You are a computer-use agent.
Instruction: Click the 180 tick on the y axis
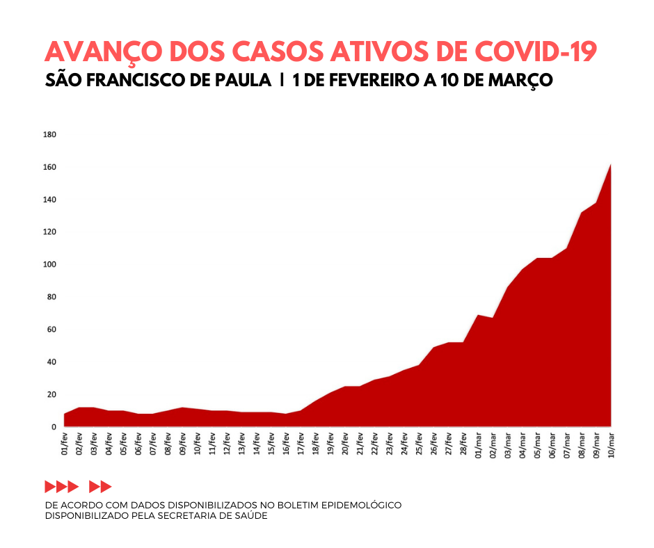pos(49,134)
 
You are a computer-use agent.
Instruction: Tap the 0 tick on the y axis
pos(53,427)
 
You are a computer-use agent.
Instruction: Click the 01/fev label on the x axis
pos(65,443)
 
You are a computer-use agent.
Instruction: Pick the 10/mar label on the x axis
pos(611,443)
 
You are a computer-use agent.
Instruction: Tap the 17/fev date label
pos(301,443)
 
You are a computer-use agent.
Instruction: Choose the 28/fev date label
pos(463,443)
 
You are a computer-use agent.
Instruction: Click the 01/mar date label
pos(478,443)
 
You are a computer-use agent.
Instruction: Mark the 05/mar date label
pos(537,443)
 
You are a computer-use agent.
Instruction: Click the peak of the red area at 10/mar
pos(610,165)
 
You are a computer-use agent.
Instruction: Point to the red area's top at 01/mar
pos(478,315)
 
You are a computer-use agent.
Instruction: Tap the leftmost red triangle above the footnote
pos(50,486)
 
